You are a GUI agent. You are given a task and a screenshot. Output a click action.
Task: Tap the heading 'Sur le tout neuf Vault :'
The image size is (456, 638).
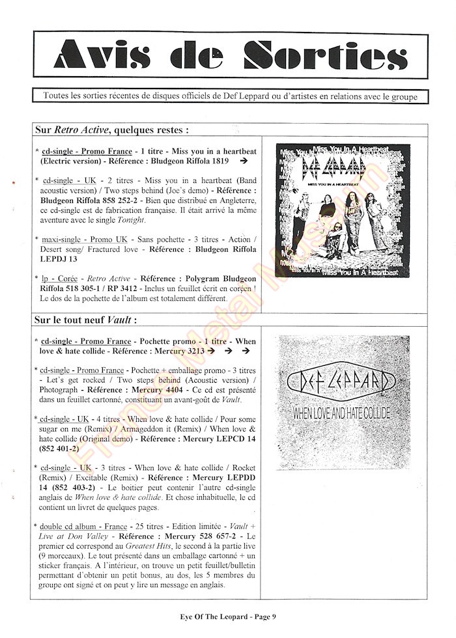click(x=86, y=320)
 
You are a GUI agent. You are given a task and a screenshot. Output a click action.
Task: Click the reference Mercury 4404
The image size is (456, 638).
click(x=172, y=390)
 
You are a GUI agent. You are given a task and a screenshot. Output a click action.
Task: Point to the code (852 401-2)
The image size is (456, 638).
click(x=59, y=449)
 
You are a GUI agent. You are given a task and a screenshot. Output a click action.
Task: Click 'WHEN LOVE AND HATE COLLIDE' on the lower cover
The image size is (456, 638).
click(x=342, y=413)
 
